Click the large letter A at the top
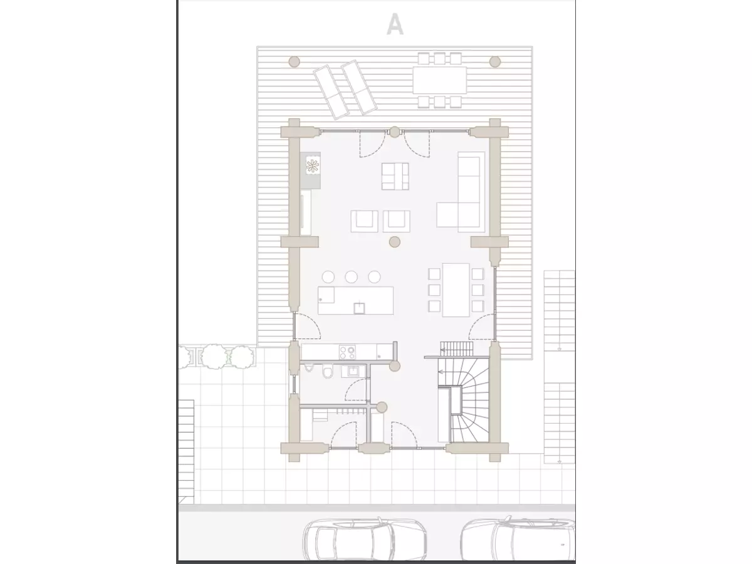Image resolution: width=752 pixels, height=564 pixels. pos(395,24)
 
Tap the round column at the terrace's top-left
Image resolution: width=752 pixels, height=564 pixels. pos(295,62)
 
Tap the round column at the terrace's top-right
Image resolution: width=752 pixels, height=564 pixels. pos(494,62)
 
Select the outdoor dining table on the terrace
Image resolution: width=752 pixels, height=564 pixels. pos(439,80)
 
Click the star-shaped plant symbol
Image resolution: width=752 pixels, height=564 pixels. pos(312,166)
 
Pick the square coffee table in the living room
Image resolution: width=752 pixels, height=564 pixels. pos(395,176)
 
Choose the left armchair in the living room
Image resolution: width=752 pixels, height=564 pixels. pos(364,221)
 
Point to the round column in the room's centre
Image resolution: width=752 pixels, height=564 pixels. pos(395,242)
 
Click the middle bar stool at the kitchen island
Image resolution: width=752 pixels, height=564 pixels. pos(351,277)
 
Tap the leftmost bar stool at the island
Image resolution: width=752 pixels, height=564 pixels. pos(328,277)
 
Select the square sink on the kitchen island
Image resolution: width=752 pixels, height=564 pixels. pos(359,308)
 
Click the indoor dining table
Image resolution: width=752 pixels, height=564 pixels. pos(456,290)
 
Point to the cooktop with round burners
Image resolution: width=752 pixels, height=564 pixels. pos(347,352)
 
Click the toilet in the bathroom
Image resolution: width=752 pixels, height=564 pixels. pos(328,371)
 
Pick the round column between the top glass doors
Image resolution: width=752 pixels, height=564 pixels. pos(395,132)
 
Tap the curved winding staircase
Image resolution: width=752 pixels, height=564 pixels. pos(469,400)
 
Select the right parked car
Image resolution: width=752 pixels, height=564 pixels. pos(518,541)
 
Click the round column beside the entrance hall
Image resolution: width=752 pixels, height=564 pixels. pos(382,407)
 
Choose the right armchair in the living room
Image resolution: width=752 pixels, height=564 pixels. pos(397,221)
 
